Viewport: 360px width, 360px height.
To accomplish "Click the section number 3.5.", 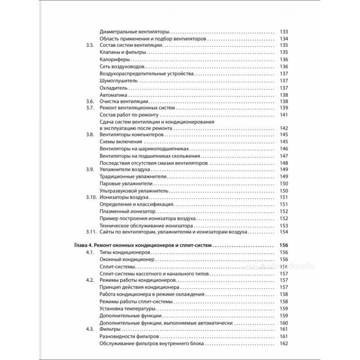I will click(90, 45).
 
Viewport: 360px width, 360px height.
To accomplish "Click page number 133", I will click(283, 31).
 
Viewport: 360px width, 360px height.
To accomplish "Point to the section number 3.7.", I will click(90, 108).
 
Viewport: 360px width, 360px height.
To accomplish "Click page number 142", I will click(283, 128).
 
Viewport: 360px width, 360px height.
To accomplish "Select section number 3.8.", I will click(90, 135).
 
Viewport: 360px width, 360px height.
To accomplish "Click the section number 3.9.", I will click(90, 169).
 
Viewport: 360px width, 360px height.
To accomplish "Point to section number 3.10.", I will click(91, 197).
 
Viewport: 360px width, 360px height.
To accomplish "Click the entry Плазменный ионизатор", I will click(127, 211).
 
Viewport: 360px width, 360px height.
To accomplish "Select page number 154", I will click(283, 232).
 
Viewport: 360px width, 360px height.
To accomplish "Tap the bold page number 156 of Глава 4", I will click(283, 246).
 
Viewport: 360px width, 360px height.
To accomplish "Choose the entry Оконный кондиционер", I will click(127, 260).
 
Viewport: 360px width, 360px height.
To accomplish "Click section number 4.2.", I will click(90, 280).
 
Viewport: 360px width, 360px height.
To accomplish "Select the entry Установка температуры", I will click(128, 309).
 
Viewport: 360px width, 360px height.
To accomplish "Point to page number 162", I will click(283, 344).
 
